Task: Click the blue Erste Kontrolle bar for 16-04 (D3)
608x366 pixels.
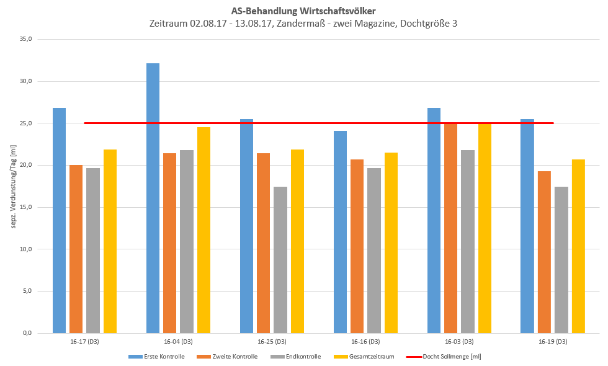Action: coord(153,199)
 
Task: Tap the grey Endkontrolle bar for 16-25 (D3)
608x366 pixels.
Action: coord(280,260)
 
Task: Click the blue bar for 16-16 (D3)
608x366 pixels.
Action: coord(340,232)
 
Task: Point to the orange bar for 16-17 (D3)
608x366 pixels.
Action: coord(76,249)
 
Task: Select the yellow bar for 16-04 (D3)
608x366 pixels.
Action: coord(203,230)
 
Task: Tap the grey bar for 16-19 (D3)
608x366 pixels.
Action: coord(561,260)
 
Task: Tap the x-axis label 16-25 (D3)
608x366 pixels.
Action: coord(272,342)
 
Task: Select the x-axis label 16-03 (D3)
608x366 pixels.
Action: coord(459,342)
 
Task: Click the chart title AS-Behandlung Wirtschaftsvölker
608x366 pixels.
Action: coord(303,11)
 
